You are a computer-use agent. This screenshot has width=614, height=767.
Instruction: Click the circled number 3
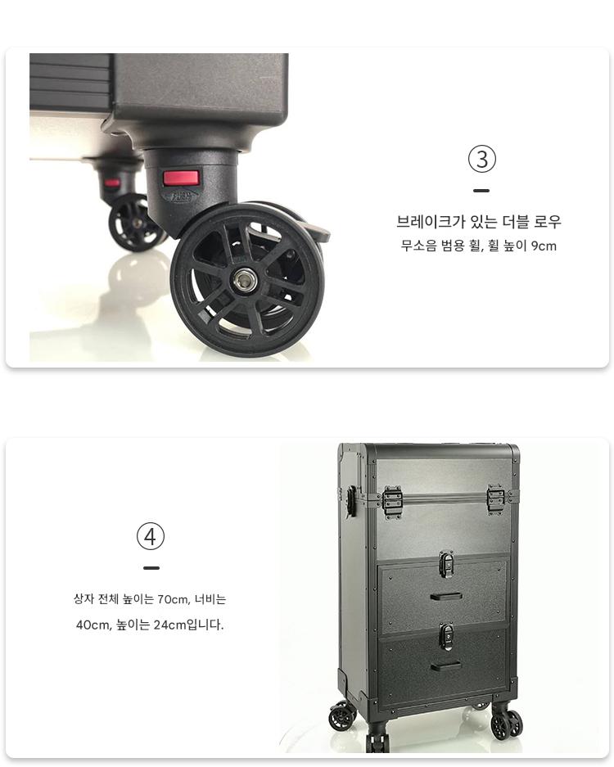pyautogui.click(x=482, y=159)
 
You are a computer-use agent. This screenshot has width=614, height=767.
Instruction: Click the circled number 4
pyautogui.click(x=150, y=536)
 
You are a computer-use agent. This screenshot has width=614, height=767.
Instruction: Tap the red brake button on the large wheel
pyautogui.click(x=181, y=178)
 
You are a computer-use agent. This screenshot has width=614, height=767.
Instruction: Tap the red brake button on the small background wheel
pyautogui.click(x=112, y=183)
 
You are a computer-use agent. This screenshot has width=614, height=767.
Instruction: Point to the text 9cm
pyautogui.click(x=544, y=246)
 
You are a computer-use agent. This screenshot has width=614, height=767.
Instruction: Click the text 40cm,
pyautogui.click(x=93, y=625)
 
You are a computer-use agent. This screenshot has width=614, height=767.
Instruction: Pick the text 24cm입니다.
pyautogui.click(x=188, y=625)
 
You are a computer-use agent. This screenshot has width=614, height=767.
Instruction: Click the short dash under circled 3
pyautogui.click(x=481, y=191)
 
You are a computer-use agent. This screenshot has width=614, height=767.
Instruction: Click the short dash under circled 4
pyautogui.click(x=151, y=568)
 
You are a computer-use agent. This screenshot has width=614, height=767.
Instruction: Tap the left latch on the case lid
pyautogui.click(x=392, y=501)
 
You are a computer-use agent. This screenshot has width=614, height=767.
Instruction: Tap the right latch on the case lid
pyautogui.click(x=495, y=499)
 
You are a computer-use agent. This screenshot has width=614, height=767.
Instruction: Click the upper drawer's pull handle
pyautogui.click(x=446, y=596)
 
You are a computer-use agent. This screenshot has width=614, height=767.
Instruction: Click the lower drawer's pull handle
pyautogui.click(x=445, y=665)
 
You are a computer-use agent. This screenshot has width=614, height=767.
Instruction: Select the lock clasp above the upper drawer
pyautogui.click(x=445, y=563)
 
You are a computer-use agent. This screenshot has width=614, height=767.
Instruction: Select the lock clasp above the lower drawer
pyautogui.click(x=445, y=636)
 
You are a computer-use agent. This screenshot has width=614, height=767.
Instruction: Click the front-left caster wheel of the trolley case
pyautogui.click(x=341, y=716)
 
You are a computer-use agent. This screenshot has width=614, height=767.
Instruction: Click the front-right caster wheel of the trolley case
pyautogui.click(x=507, y=723)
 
